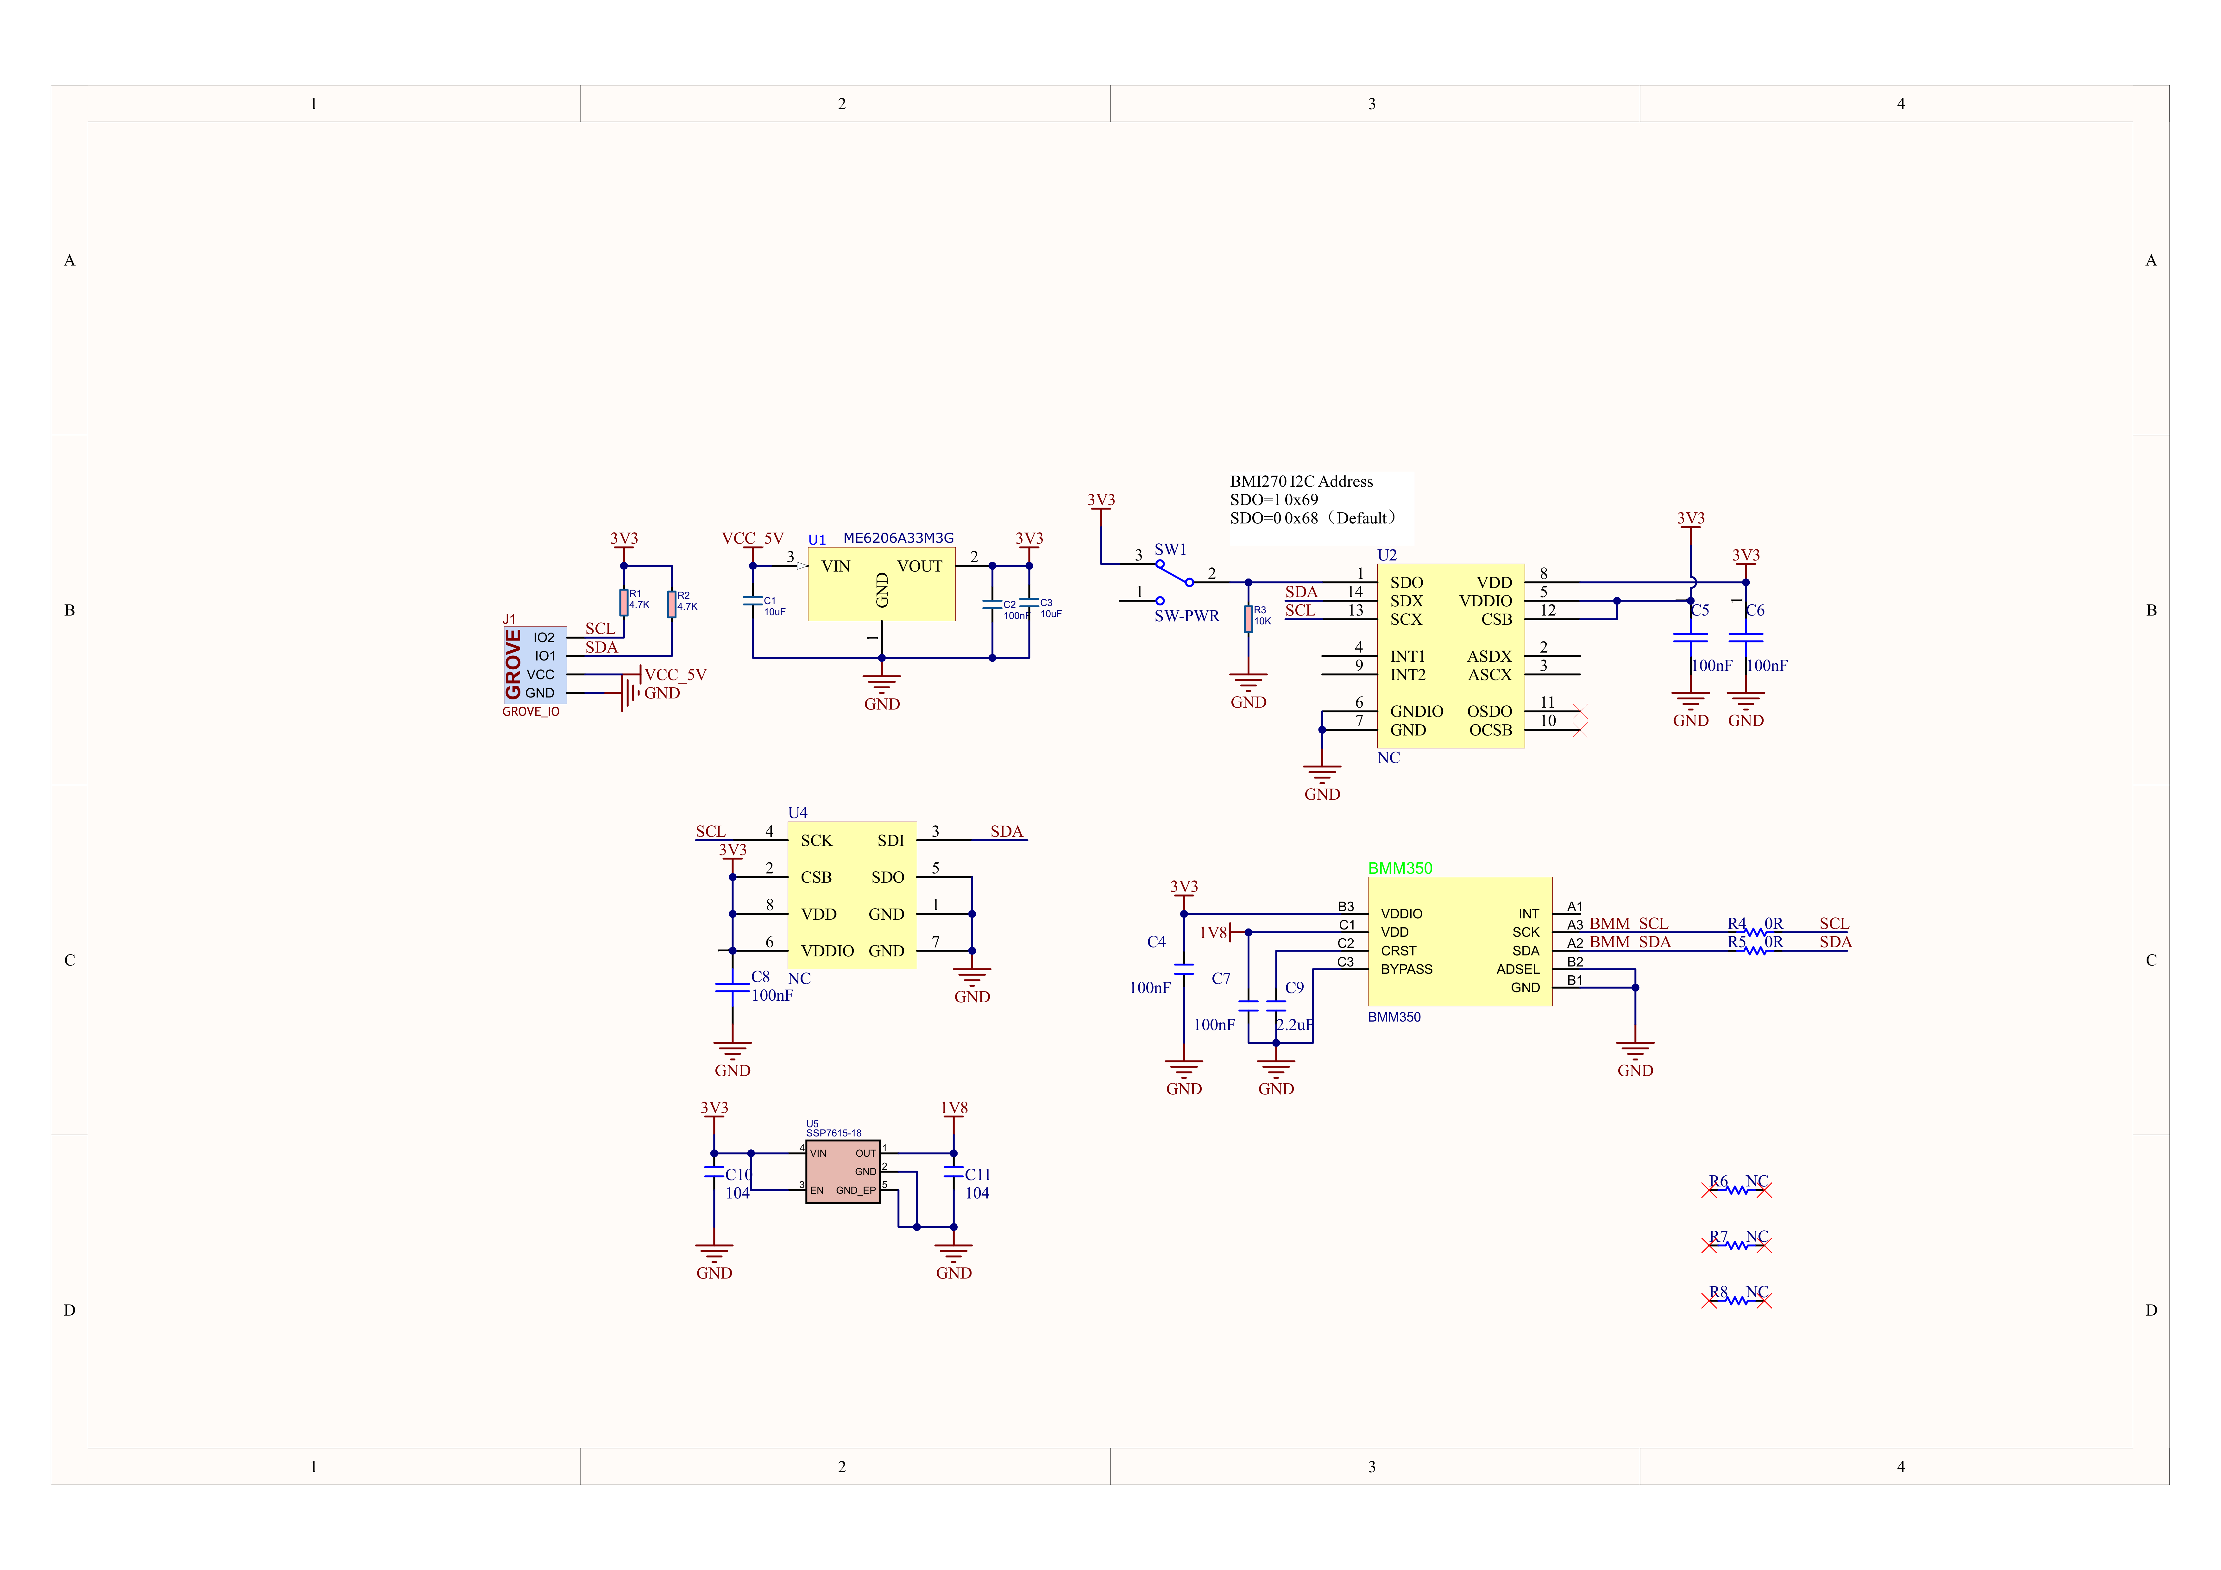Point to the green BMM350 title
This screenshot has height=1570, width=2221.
[1400, 868]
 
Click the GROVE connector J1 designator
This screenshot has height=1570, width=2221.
[509, 619]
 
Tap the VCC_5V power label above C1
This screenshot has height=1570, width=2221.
[752, 538]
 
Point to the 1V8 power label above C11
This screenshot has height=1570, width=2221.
[954, 1108]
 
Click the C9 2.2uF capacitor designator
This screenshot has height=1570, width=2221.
[1294, 988]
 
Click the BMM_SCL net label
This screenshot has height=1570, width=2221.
[1629, 924]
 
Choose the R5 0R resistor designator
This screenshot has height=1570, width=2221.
[1737, 942]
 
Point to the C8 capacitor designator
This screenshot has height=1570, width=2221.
[760, 977]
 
